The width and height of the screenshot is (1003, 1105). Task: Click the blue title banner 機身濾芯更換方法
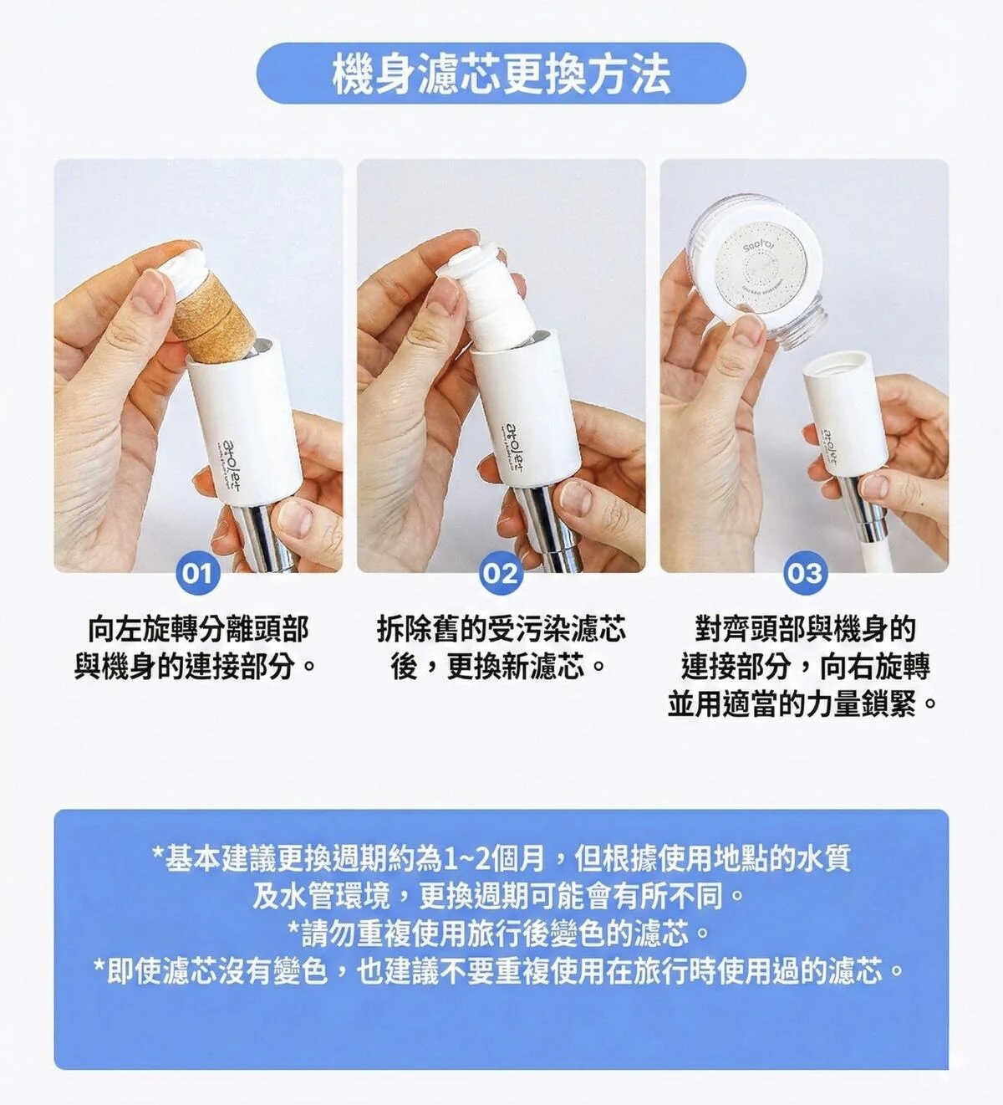501,73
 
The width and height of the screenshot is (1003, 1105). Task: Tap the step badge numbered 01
197,574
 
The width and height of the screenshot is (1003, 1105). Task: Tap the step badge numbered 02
501,574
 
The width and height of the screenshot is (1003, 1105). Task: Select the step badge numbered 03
804,574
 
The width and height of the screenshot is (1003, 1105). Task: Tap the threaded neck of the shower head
801,325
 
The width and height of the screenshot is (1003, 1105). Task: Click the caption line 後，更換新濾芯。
500,667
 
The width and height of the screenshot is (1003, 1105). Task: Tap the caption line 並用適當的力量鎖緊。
804,704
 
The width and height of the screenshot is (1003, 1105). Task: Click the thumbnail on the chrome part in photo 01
293,518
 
